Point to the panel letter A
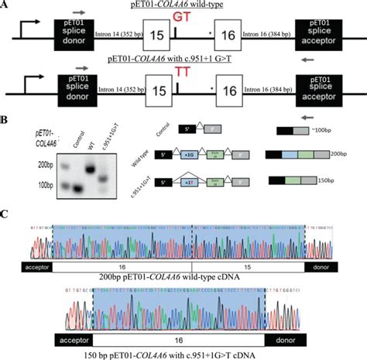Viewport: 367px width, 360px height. coord(6,5)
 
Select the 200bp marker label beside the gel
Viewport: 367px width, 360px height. coord(46,166)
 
